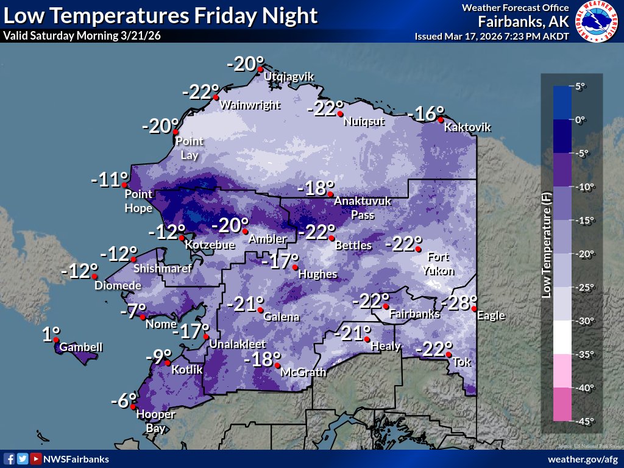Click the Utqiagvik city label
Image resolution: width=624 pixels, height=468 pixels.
288,77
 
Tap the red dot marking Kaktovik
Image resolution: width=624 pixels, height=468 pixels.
441,120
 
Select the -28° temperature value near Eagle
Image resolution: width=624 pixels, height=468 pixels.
456,302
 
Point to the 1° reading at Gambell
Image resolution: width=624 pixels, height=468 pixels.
51,334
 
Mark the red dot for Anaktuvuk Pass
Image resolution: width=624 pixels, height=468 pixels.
332,195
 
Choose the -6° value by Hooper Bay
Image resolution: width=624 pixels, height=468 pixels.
123,401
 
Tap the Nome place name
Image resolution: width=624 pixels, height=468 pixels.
161,324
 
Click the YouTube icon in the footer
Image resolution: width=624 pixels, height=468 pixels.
36,459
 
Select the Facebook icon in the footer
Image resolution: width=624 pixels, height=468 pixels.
9,459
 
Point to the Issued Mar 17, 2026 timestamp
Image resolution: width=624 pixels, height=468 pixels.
492,36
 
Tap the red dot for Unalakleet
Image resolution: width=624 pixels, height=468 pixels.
207,337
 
